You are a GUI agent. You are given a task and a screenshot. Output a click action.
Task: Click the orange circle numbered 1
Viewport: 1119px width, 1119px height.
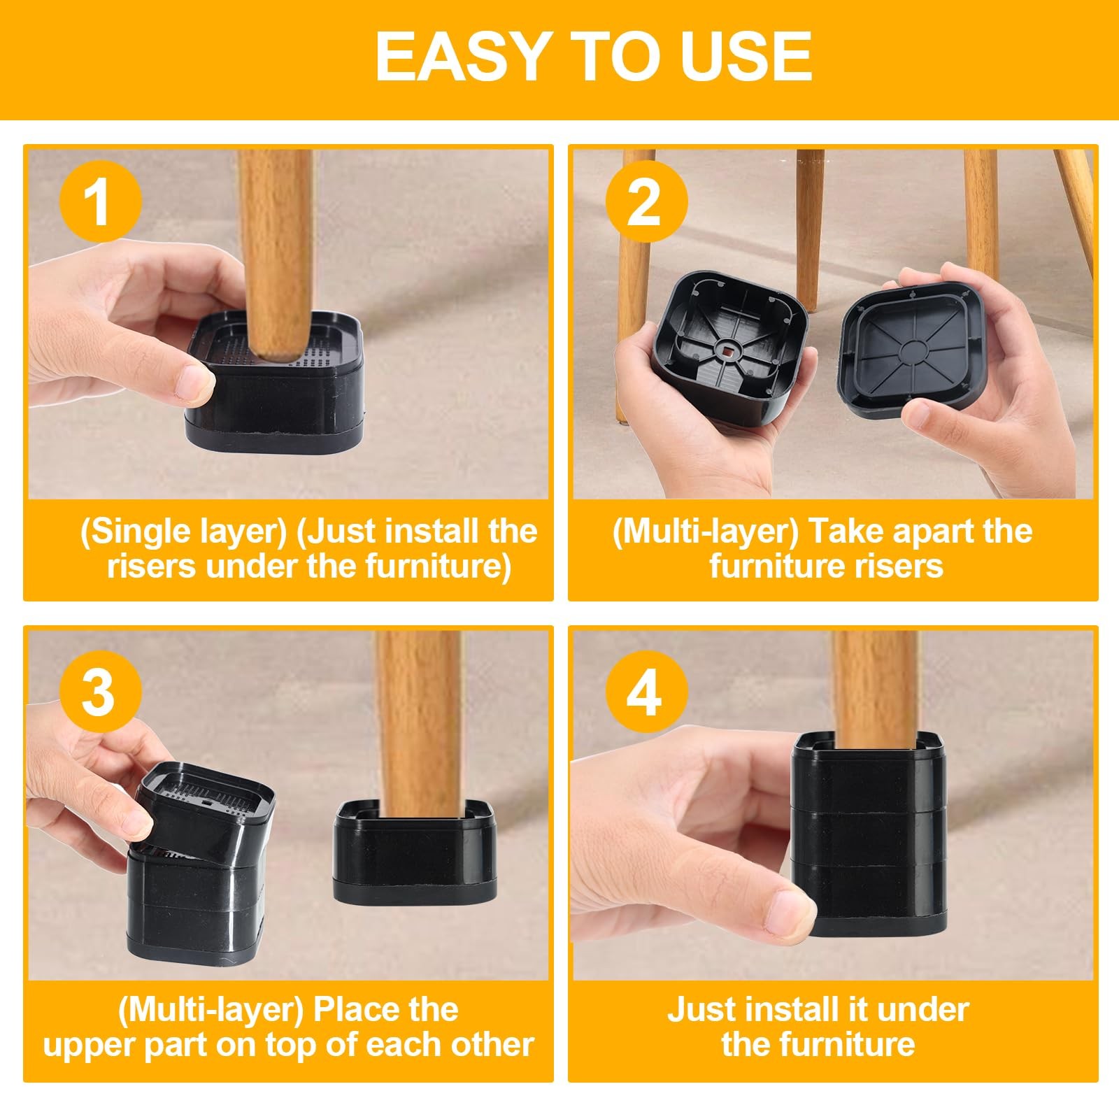pos(100,201)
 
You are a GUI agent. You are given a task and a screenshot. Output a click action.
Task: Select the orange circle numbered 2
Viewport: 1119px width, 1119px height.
pos(646,201)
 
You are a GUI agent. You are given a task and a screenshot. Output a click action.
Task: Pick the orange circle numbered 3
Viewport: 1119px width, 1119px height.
pos(100,692)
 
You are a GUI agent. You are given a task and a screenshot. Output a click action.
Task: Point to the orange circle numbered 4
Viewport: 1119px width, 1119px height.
pos(646,692)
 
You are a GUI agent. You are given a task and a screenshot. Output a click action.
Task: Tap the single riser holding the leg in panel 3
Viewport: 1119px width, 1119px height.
pos(414,857)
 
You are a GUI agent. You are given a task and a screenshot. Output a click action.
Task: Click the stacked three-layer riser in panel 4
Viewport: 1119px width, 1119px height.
pos(870,839)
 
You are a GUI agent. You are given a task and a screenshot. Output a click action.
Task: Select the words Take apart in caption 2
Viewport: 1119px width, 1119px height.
pos(881,532)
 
